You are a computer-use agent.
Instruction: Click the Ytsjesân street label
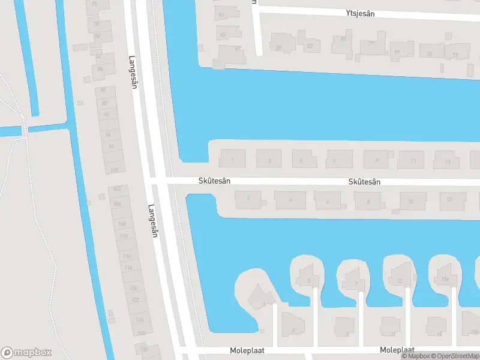[x=360, y=13]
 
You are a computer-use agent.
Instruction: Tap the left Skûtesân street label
[x=215, y=181]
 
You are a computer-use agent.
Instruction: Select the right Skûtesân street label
[x=365, y=181]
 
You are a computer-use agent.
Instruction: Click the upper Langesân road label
[x=133, y=72]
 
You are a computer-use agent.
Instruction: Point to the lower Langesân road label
[x=152, y=221]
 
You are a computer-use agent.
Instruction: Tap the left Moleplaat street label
[x=247, y=350]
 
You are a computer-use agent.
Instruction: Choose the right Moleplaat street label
[x=397, y=350]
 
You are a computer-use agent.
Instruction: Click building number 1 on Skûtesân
[x=232, y=159]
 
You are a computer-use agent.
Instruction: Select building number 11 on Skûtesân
[x=413, y=160]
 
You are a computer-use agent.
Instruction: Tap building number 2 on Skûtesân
[x=248, y=199]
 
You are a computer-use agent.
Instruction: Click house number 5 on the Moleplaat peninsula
[x=308, y=280]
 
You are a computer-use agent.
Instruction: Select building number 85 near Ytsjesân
[x=279, y=46]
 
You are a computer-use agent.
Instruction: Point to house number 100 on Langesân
[x=114, y=170]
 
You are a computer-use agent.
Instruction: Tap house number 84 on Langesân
[x=100, y=69]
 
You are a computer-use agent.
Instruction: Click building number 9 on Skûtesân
[x=376, y=160]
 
